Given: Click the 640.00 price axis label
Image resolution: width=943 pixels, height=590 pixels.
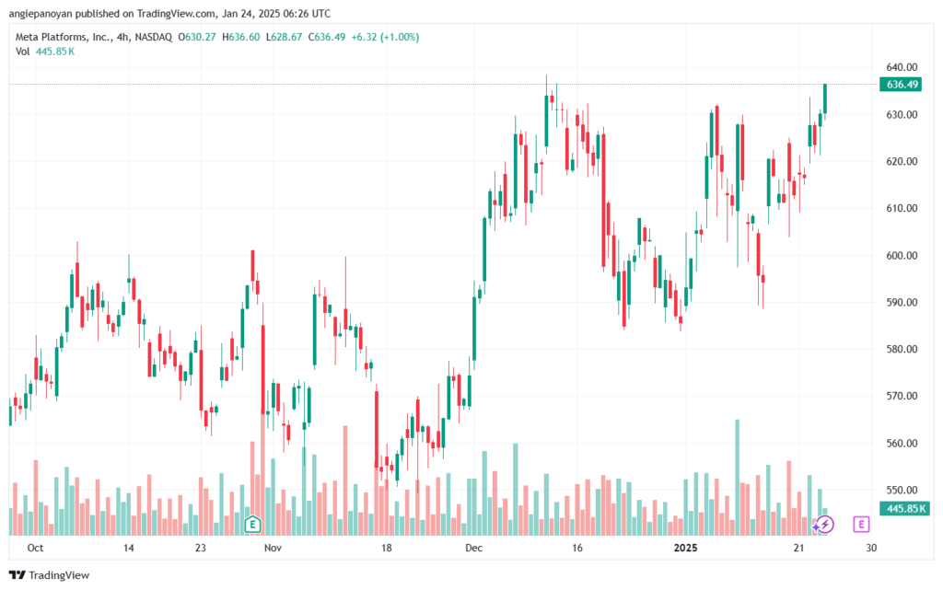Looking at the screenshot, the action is click(902, 67).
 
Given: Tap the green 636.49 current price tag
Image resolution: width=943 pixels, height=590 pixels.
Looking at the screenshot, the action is click(901, 85).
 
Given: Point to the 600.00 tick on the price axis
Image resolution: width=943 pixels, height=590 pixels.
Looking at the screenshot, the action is click(902, 255).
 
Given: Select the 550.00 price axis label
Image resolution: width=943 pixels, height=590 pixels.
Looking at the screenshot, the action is click(902, 491).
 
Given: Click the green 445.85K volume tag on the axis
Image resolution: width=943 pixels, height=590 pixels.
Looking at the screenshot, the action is click(904, 509).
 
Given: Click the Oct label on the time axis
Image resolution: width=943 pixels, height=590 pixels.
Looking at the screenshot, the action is click(36, 548).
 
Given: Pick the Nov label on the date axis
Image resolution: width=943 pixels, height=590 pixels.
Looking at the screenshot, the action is click(273, 548).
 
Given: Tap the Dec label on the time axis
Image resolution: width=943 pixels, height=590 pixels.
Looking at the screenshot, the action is click(474, 548).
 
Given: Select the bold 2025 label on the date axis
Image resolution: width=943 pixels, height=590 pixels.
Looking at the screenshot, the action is click(685, 548).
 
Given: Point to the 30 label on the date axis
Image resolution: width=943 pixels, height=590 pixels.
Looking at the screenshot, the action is click(871, 548).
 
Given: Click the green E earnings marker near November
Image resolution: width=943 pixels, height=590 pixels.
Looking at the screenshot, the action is click(252, 525).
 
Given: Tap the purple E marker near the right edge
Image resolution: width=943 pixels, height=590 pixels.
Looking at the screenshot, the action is click(861, 525).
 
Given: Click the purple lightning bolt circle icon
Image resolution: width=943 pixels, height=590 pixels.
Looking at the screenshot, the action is click(824, 525).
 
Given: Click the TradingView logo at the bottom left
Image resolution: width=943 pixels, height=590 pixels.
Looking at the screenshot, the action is click(50, 575).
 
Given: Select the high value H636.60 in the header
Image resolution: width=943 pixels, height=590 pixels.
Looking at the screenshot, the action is click(241, 37).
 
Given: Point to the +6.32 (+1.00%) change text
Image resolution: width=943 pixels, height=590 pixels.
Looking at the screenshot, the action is click(385, 37).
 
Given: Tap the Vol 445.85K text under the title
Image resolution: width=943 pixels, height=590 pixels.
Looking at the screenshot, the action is click(45, 52).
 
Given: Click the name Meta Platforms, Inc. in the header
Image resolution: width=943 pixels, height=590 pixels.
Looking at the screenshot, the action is click(64, 37).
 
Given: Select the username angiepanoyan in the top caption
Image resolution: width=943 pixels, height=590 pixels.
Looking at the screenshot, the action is click(41, 14).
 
